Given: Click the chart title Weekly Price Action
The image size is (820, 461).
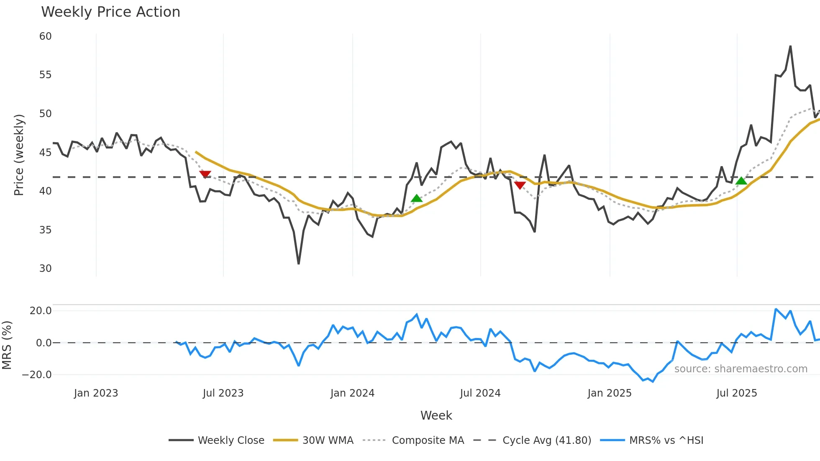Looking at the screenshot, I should (x=110, y=12).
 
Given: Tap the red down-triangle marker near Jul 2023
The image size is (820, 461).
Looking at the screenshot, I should (x=205, y=174).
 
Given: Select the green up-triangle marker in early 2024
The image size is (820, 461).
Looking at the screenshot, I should (x=417, y=198).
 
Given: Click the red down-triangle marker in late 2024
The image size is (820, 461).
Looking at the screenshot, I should (x=520, y=185).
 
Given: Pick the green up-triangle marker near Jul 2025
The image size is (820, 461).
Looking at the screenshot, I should (x=741, y=181).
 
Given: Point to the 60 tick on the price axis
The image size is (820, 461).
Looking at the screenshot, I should (x=46, y=36).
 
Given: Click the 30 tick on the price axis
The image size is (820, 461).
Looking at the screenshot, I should (x=46, y=269).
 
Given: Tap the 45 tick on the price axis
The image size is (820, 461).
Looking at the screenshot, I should (x=46, y=153).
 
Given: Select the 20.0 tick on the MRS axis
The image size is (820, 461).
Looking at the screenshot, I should (x=41, y=311).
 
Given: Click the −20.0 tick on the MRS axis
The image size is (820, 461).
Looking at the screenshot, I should (x=37, y=375).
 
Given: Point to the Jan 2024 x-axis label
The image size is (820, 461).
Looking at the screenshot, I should (x=352, y=393).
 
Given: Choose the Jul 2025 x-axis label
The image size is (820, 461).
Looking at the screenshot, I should (x=737, y=393).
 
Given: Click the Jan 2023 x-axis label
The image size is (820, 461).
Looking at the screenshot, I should (x=96, y=393).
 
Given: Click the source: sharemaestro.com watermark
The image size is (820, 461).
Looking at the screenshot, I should (x=741, y=369).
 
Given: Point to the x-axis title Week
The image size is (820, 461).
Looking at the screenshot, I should (x=436, y=415).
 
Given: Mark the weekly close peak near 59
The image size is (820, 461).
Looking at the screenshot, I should (x=790, y=46).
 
